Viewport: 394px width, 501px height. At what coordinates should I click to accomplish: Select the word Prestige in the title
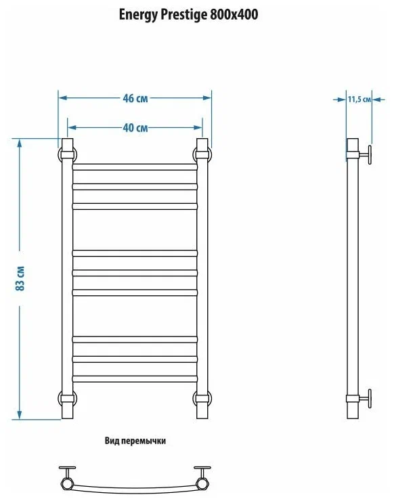coord(179,14)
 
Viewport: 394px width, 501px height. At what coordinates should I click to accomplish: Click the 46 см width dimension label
coord(135,98)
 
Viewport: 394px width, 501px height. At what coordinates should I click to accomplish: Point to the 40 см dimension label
coord(135,128)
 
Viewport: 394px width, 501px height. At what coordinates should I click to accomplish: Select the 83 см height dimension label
coord(20,278)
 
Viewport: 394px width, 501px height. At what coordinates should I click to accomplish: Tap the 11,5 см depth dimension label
coord(359,100)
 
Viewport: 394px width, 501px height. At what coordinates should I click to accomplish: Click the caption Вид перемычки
coord(135,441)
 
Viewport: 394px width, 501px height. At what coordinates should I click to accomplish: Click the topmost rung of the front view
coord(135,165)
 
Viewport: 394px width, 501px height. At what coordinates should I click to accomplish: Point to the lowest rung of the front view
coord(135,376)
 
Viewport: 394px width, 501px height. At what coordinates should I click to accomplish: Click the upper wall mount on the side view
coord(366,154)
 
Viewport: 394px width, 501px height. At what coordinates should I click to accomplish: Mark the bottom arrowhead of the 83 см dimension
coord(20,415)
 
